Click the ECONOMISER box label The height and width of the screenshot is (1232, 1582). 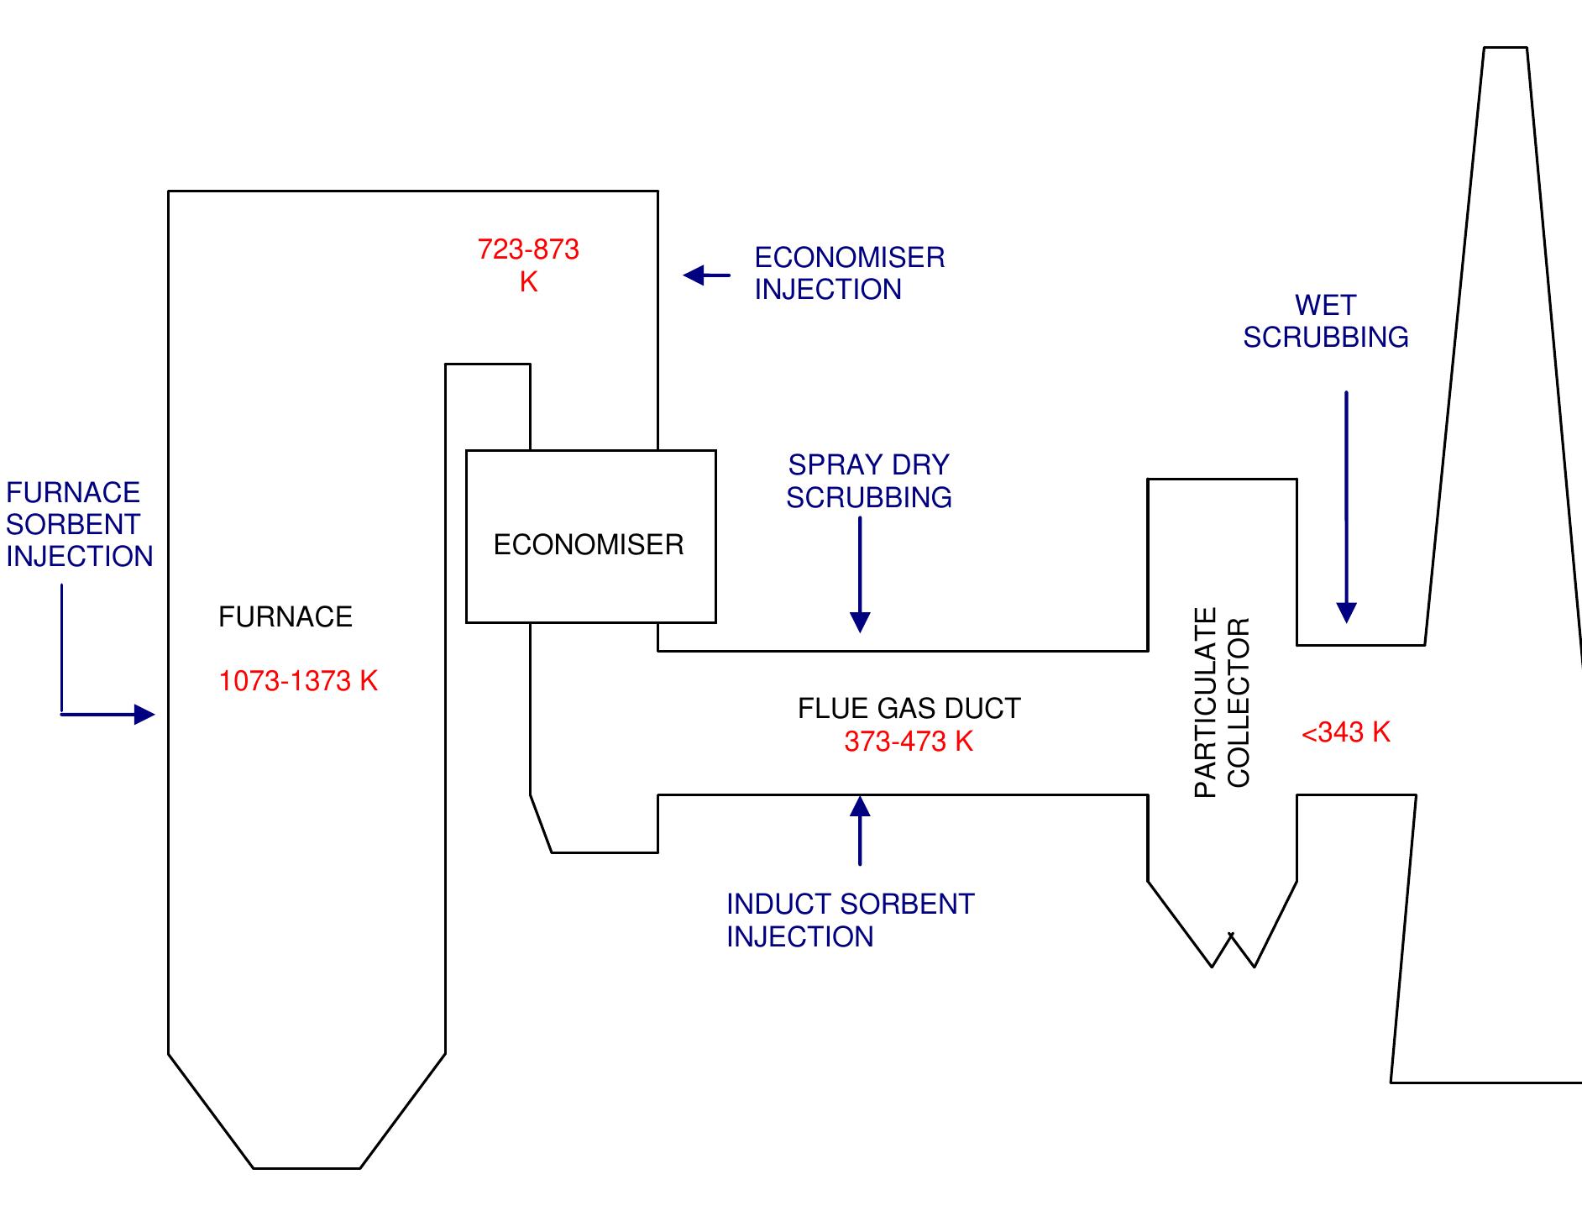pos(589,545)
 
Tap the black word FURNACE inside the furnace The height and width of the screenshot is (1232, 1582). pos(285,617)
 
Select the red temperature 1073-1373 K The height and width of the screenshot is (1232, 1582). pos(298,681)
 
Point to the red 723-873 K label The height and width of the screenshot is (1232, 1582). pos(528,265)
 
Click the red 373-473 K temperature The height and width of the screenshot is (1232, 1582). pos(909,742)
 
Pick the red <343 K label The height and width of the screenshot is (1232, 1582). pos(1345,732)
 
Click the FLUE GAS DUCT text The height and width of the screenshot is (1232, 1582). pos(909,709)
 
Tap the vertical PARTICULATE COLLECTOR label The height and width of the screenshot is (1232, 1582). pos(1222,702)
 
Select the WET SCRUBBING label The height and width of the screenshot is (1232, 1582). pos(1326,321)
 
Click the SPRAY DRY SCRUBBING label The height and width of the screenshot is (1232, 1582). pos(869,481)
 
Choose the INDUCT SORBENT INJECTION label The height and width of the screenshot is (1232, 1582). pos(850,920)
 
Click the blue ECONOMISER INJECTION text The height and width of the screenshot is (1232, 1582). pos(849,273)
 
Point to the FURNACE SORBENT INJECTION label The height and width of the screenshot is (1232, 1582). pos(78,524)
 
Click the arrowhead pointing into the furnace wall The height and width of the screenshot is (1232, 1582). pos(144,715)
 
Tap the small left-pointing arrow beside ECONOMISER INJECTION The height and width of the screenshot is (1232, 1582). pos(705,275)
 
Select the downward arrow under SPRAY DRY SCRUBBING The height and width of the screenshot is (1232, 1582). pos(860,579)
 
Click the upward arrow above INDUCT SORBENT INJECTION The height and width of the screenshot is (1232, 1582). pos(860,827)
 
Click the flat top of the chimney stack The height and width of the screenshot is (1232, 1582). pos(1505,48)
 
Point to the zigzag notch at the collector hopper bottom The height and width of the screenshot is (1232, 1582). pos(1233,949)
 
